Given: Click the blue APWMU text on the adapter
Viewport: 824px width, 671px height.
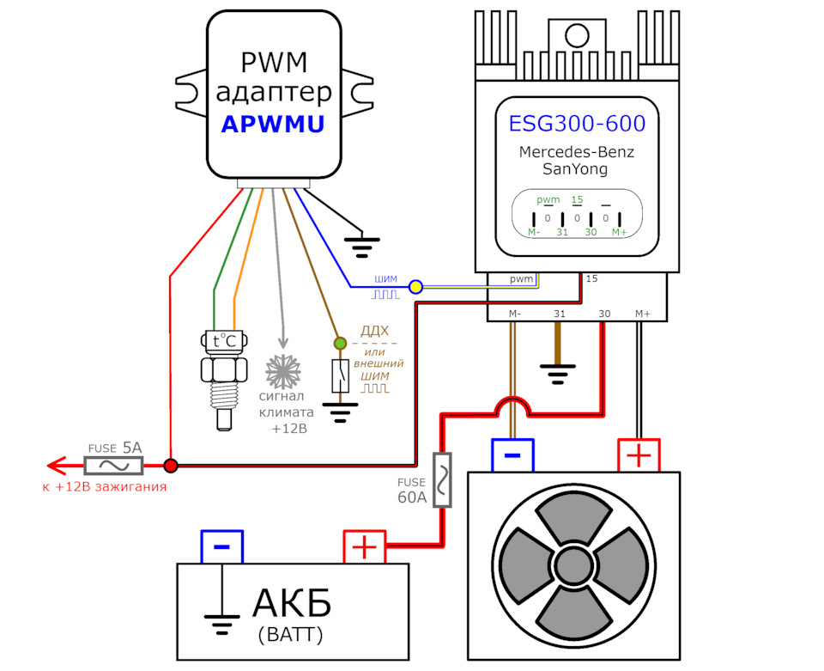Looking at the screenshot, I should (x=272, y=124).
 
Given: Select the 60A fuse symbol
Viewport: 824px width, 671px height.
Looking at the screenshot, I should (x=443, y=480).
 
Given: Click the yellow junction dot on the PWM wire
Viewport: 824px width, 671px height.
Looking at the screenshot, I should (x=415, y=286).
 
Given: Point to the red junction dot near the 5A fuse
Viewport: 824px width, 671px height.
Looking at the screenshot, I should (x=171, y=466).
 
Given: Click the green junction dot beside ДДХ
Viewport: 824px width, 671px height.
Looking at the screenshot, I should (x=340, y=344).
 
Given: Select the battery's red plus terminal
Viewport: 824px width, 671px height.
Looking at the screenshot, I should (x=365, y=546).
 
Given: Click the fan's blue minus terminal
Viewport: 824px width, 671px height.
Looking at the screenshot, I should (x=512, y=454).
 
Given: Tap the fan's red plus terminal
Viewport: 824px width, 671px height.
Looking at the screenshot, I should (x=639, y=454).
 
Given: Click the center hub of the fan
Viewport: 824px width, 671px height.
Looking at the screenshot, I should (x=573, y=565).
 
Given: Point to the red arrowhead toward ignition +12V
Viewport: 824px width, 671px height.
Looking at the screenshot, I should (x=57, y=466).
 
